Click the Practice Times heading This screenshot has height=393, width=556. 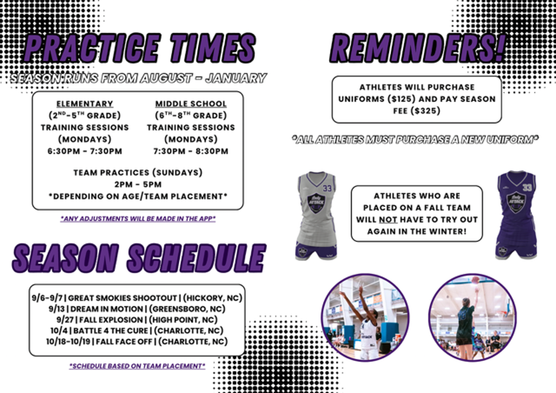coord(140,48)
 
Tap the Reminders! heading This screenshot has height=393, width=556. coord(418,48)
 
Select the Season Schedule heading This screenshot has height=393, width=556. coord(139,258)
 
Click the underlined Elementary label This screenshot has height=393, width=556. coord(85,104)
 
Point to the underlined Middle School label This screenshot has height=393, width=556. coord(191,104)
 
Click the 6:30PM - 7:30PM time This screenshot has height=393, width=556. coord(85,151)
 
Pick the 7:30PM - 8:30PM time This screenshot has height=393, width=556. coord(191,151)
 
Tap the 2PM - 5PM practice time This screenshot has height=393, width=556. coord(138,185)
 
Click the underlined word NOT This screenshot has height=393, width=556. coord(388,220)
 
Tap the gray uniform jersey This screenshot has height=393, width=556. coord(317,215)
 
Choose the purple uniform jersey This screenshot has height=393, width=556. coord(517,215)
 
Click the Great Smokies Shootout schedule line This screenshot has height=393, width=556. coord(137,298)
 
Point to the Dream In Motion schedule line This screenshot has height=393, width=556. coord(137,309)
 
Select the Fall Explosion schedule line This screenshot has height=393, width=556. coord(137,320)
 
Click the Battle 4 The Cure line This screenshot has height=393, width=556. coord(137,331)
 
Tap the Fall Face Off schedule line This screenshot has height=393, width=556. coord(137,342)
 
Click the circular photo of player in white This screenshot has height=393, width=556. coord(365,317)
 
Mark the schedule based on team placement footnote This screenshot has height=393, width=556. coord(137,366)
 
